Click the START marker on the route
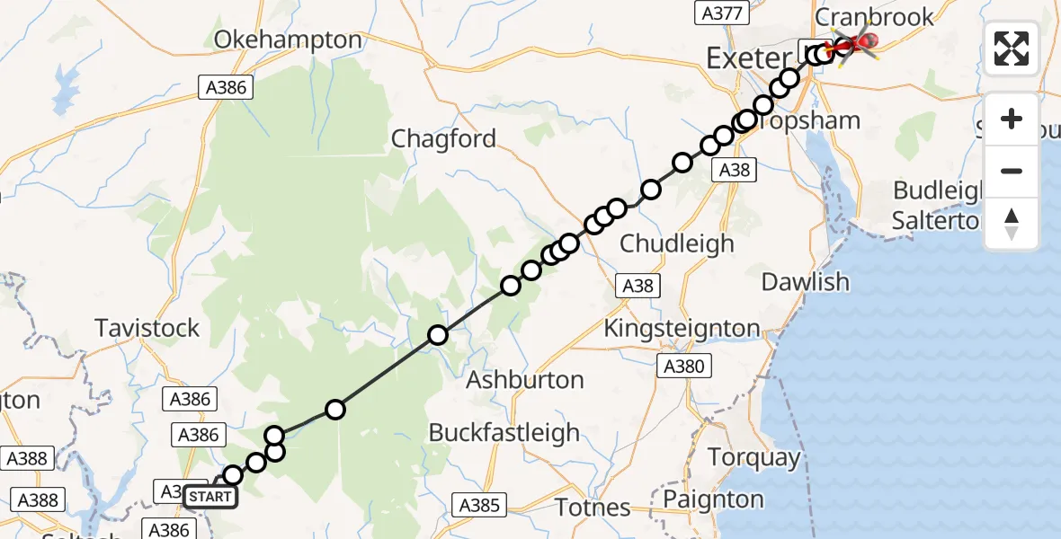pyautogui.click(x=210, y=496)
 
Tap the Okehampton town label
pyautogui.click(x=276, y=40)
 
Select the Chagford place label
pyautogui.click(x=443, y=138)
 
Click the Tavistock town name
pyautogui.click(x=147, y=328)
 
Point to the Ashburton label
pyautogui.click(x=525, y=380)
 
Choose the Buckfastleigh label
pyautogui.click(x=504, y=433)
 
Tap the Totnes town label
pyautogui.click(x=592, y=508)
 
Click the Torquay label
pyautogui.click(x=753, y=457)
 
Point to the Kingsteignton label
pyautogui.click(x=682, y=329)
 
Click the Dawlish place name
pyautogui.click(x=805, y=282)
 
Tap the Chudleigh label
pyautogui.click(x=677, y=243)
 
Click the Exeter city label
pyautogui.click(x=748, y=59)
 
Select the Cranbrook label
pyautogui.click(x=861, y=18)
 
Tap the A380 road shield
pyautogui.click(x=685, y=366)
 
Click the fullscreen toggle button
pyautogui.click(x=1012, y=49)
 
